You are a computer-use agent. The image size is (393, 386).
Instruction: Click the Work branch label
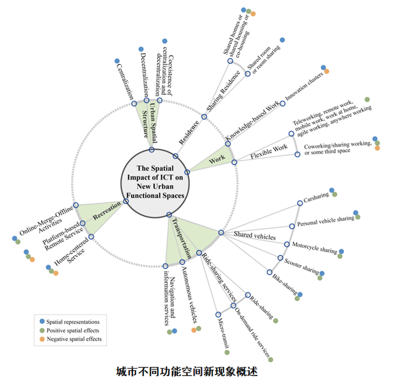[x=217, y=158]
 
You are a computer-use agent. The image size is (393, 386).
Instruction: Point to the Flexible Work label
[x=269, y=152]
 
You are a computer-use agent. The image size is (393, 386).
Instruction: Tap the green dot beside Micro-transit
[x=227, y=352]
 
